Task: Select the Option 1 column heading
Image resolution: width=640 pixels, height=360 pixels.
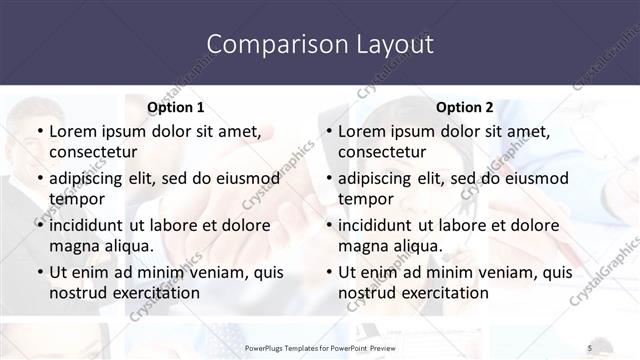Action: tap(176, 107)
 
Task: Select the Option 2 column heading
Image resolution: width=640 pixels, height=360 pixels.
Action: tap(465, 107)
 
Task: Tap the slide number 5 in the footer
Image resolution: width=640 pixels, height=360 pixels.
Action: tap(589, 347)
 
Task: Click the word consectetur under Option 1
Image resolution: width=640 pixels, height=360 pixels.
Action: tap(92, 152)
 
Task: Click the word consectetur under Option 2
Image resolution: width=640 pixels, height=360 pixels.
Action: tap(381, 152)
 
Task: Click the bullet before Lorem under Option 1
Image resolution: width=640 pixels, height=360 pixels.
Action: tap(40, 131)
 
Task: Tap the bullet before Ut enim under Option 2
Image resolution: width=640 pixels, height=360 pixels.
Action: tap(329, 272)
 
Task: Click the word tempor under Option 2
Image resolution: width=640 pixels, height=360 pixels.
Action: tap(364, 199)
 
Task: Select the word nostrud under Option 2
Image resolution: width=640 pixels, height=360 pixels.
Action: tap(369, 293)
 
